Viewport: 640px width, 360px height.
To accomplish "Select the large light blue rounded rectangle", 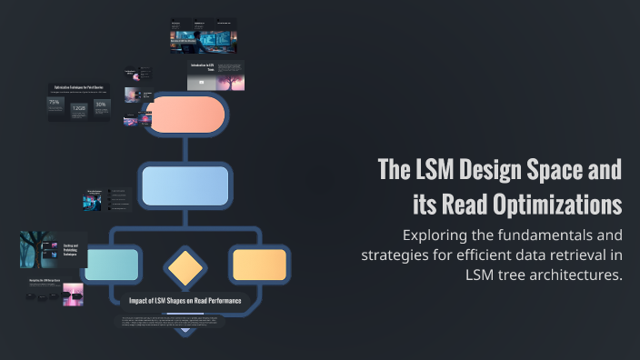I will point(185,185).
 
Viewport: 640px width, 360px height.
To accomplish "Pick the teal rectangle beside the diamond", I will point(113,264).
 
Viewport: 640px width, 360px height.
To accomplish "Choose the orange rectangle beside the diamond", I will point(259,264).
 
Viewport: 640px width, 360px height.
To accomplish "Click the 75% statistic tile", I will point(55,105).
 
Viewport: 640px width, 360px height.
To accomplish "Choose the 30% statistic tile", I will point(102,105).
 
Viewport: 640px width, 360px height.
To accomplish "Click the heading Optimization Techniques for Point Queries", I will point(78,86).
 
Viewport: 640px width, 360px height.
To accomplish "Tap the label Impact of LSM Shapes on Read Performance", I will point(185,300).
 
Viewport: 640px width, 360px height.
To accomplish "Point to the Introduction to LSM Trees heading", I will point(202,67).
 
